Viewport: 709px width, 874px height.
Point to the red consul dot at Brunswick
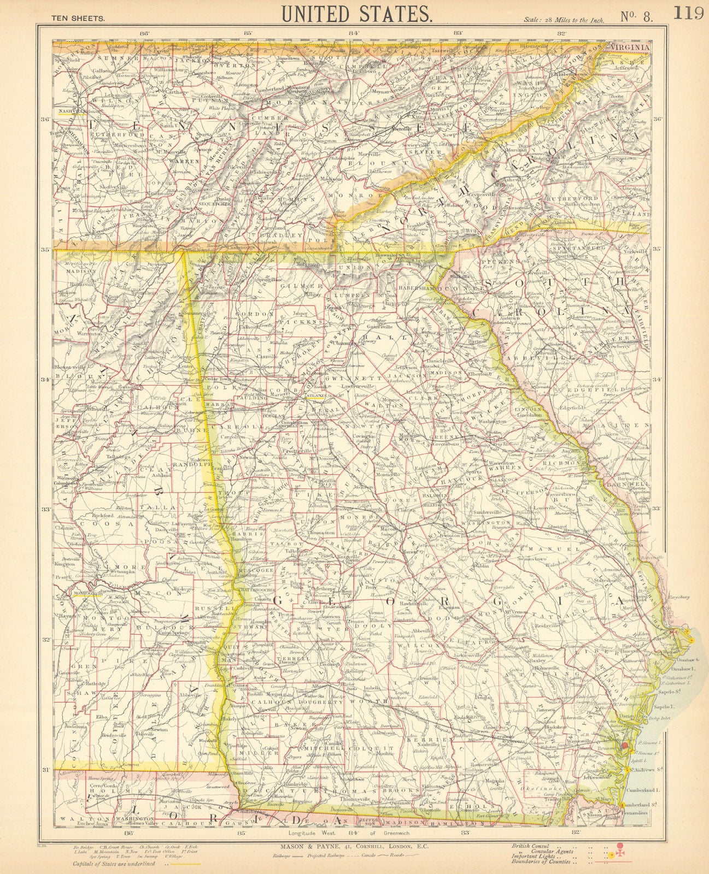[624, 745]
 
